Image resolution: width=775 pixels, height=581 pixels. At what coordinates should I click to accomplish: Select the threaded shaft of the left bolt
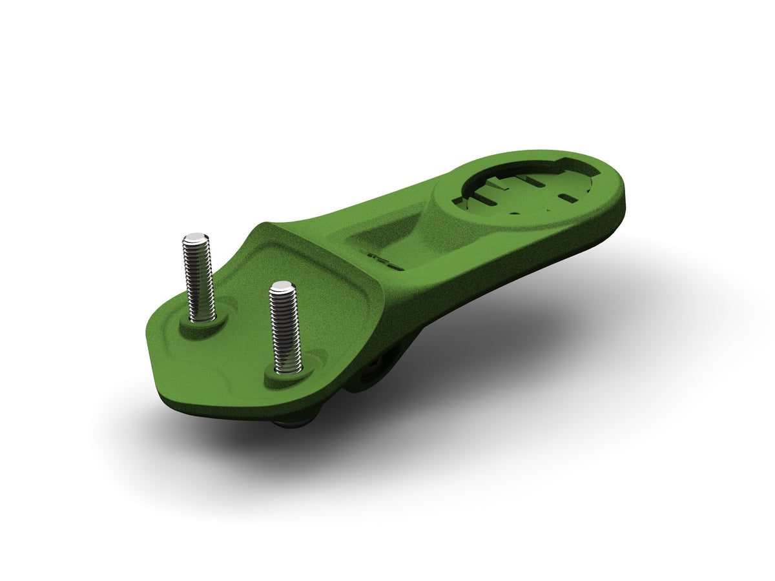(x=199, y=278)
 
